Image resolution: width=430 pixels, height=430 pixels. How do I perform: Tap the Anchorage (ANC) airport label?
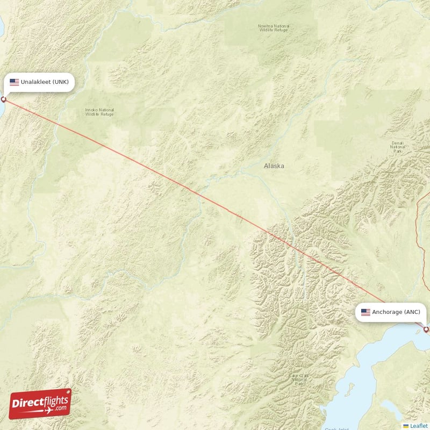(x=392, y=312)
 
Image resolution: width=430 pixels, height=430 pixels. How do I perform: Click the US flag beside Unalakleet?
(x=15, y=82)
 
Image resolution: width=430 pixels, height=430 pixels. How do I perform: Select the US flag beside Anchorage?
(x=365, y=312)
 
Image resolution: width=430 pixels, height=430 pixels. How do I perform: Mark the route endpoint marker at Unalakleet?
(x=4, y=99)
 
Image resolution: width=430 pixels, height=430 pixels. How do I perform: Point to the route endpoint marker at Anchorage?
(x=426, y=329)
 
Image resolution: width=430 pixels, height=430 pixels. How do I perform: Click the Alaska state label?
(x=274, y=166)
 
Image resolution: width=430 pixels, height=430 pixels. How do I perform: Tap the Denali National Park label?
(x=398, y=147)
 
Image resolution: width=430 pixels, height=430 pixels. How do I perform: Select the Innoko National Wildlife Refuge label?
(x=99, y=112)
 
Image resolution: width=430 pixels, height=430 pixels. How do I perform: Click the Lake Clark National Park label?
(x=298, y=380)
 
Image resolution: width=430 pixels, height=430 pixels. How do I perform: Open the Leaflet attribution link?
(x=419, y=426)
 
